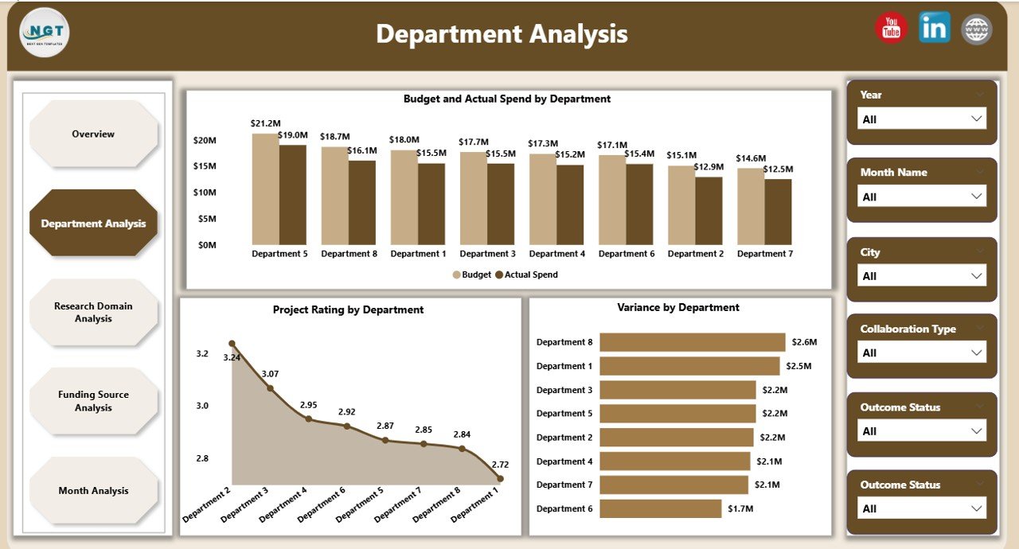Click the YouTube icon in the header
pyautogui.click(x=892, y=28)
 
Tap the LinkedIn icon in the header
pyautogui.click(x=934, y=28)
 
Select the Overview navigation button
pyautogui.click(x=93, y=134)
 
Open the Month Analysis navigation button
pyautogui.click(x=93, y=491)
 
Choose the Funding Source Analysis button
pyautogui.click(x=93, y=401)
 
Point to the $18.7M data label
pyautogui.click(x=334, y=137)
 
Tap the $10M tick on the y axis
pyautogui.click(x=205, y=193)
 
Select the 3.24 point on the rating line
pyautogui.click(x=232, y=344)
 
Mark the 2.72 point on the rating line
pyautogui.click(x=500, y=478)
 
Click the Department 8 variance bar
pyautogui.click(x=692, y=342)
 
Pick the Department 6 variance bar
pyautogui.click(x=660, y=508)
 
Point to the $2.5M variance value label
pyautogui.click(x=798, y=366)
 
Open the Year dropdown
pyautogui.click(x=921, y=119)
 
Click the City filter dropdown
pyautogui.click(x=921, y=276)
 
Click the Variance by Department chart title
pyautogui.click(x=677, y=307)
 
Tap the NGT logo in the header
pyautogui.click(x=45, y=32)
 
